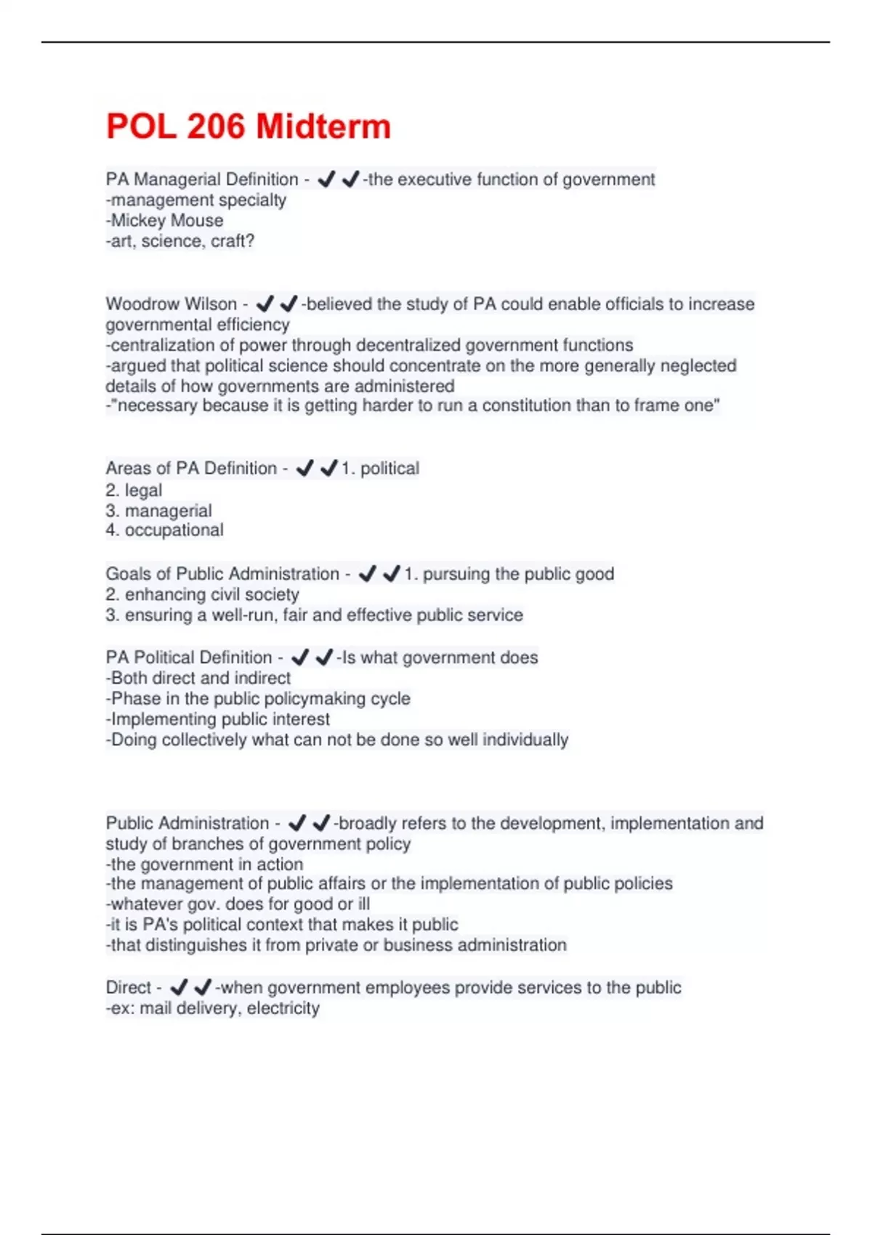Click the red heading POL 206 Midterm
(249, 126)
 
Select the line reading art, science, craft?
(180, 240)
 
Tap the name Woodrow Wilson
(171, 304)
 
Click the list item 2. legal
(134, 490)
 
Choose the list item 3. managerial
(158, 511)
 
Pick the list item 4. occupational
(164, 530)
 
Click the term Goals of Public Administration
(222, 574)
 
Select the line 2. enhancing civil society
(202, 594)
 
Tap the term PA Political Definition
(189, 657)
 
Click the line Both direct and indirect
(198, 678)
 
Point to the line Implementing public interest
(218, 719)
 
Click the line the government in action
(205, 864)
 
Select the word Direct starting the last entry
(129, 988)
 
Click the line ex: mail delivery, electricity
(213, 1008)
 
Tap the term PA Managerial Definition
(202, 179)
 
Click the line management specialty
(196, 200)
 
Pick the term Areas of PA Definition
(191, 469)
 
